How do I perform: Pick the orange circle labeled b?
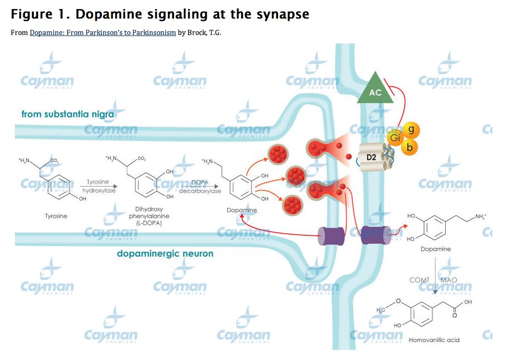click(x=409, y=147)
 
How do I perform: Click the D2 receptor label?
click(x=371, y=157)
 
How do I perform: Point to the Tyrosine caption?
click(x=56, y=216)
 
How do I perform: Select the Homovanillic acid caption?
click(x=434, y=339)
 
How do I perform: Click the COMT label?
click(x=419, y=279)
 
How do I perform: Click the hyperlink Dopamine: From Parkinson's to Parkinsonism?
click(x=102, y=33)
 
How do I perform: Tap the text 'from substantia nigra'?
click(x=67, y=114)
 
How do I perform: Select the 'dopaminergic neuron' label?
click(x=165, y=254)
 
